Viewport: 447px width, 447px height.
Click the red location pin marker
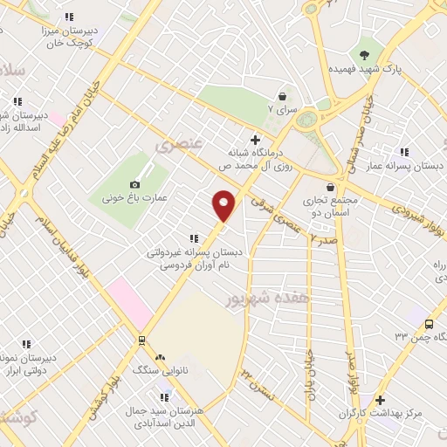224,205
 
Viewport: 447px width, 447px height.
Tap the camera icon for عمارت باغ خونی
134,184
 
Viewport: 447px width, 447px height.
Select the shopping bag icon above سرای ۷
282,96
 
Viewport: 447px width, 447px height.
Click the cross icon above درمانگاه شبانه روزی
255,139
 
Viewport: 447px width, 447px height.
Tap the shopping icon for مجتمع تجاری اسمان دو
330,186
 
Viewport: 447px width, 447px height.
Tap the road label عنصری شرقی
271,208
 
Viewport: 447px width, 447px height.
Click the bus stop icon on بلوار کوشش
141,339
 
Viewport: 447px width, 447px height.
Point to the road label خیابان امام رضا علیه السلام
53,121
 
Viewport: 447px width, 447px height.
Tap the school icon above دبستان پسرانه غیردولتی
193,238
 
